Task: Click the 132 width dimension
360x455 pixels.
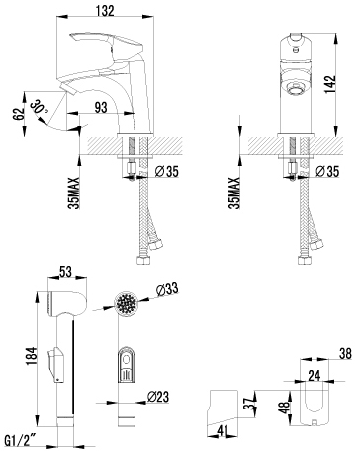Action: click(x=105, y=11)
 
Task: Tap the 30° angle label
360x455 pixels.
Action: click(x=40, y=108)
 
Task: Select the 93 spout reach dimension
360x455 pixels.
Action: click(x=101, y=108)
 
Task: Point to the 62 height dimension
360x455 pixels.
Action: click(x=19, y=114)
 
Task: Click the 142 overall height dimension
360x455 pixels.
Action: click(x=330, y=84)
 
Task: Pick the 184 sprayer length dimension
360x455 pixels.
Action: click(x=32, y=356)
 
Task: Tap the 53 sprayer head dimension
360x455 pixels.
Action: click(x=65, y=272)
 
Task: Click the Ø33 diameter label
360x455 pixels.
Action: click(x=167, y=290)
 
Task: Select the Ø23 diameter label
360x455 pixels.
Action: click(x=158, y=396)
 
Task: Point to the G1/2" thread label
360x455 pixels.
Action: click(x=21, y=440)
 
